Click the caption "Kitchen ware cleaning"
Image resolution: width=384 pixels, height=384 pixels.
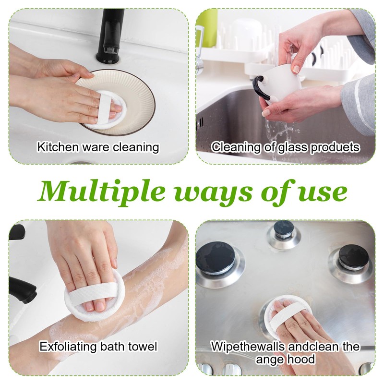pyautogui.click(x=98, y=147)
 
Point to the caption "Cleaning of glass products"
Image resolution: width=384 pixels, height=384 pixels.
pyautogui.click(x=286, y=147)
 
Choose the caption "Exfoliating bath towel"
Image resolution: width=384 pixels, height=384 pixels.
pyautogui.click(x=98, y=346)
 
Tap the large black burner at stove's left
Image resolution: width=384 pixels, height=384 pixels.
pyautogui.click(x=216, y=259)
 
